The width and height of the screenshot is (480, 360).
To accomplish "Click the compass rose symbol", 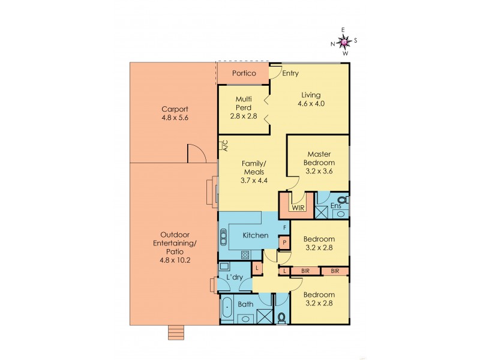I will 344,41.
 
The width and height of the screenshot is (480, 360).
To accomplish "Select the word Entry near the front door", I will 290,73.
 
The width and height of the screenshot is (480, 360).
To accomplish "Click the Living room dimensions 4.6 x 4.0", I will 311,103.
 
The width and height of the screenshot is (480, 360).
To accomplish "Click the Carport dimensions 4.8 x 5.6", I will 175,118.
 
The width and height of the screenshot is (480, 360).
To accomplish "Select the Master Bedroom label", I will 319,158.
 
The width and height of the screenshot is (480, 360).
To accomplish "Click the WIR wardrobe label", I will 298,208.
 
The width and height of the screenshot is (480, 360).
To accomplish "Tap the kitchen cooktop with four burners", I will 245,255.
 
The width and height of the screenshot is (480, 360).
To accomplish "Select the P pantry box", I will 284,242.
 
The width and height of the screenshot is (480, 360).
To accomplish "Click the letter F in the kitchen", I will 284,227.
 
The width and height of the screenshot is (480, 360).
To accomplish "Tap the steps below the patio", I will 175,332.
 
